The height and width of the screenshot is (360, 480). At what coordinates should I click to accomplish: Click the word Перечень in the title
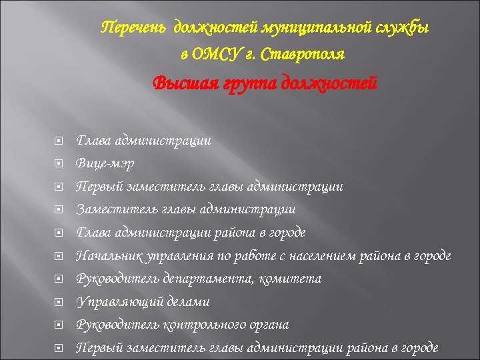pos(134,28)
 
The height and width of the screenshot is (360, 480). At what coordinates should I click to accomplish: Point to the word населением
pos(324,255)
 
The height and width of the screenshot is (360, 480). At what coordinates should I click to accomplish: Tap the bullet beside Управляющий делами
pos(59,302)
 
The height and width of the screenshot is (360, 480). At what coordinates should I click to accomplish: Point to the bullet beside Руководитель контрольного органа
pos(59,325)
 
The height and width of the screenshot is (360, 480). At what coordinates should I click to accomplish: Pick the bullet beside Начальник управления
pos(59,256)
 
